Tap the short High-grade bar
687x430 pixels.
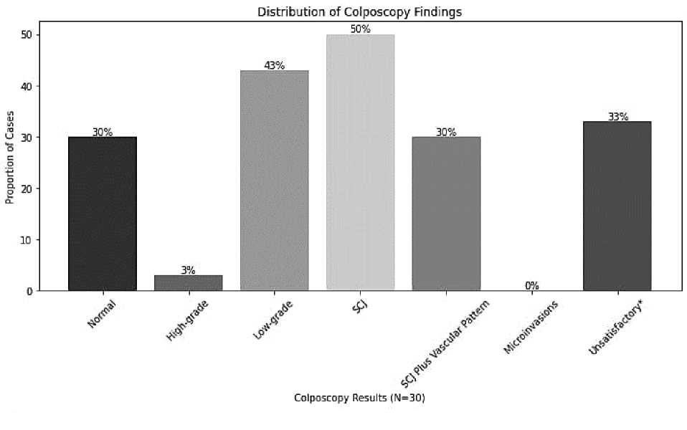(x=188, y=282)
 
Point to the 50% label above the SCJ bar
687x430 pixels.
(x=360, y=29)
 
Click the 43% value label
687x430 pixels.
(x=274, y=65)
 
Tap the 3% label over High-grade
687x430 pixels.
(x=188, y=270)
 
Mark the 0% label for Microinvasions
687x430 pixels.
(x=531, y=285)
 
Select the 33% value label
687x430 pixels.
(x=617, y=117)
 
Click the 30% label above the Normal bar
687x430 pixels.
(x=103, y=132)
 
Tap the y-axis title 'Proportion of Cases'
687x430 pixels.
(x=11, y=163)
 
